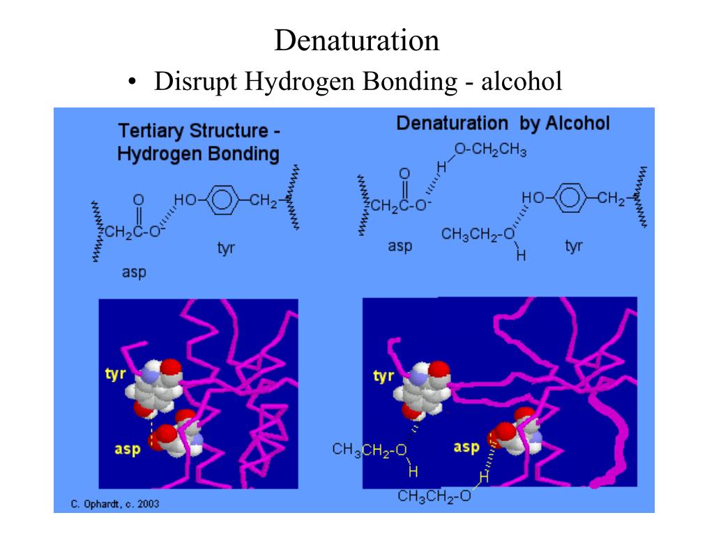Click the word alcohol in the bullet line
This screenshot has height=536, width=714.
click(519, 82)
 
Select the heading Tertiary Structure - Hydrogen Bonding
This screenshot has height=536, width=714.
click(199, 142)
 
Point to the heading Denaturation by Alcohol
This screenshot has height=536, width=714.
click(503, 124)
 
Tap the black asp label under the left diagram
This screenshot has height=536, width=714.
click(134, 271)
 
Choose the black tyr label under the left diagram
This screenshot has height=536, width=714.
click(226, 248)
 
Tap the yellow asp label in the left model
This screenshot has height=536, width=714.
click(128, 449)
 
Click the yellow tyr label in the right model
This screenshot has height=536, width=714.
click(383, 377)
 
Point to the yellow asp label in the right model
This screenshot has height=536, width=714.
click(466, 446)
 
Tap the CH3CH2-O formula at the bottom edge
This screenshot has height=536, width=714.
click(435, 497)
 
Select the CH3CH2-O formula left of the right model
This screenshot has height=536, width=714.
click(370, 449)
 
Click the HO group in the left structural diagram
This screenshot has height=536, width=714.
click(185, 201)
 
